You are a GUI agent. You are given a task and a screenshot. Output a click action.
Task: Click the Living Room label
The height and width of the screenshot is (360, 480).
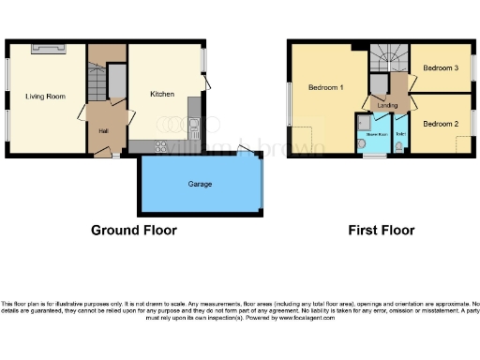point(45,96)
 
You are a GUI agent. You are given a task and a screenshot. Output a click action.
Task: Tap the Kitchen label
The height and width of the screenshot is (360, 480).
point(162,94)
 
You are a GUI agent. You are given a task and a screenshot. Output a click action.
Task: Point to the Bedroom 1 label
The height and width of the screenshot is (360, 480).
point(325,88)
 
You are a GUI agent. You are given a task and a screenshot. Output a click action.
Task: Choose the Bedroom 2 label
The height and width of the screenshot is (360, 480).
point(440,124)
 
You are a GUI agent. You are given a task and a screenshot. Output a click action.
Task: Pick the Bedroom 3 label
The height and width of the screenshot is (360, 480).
point(440,68)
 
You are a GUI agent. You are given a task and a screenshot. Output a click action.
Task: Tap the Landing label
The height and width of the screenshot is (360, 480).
point(387,106)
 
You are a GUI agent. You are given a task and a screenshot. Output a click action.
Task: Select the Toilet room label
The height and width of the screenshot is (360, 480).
point(400,135)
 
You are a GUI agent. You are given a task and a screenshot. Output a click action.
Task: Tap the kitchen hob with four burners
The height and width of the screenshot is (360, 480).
point(160,144)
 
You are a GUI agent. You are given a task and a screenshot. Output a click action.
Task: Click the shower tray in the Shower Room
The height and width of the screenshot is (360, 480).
point(362,122)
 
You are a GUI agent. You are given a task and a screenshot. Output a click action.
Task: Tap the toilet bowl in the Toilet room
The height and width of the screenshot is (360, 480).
point(400,146)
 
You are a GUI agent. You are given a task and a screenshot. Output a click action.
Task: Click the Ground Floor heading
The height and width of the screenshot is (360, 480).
point(133,230)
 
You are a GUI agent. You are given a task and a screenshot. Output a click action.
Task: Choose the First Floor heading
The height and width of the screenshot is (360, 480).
point(381,230)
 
